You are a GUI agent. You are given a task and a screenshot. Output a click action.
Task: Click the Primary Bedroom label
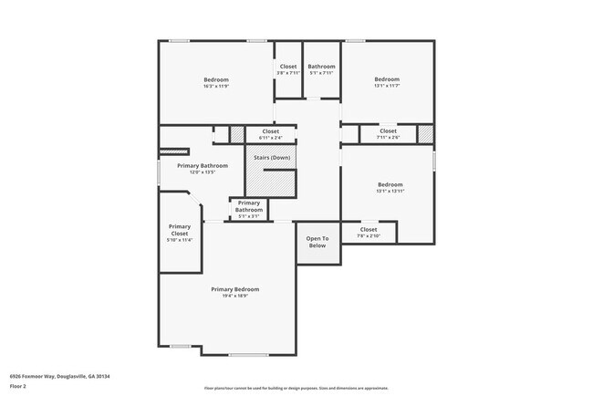tap(229, 289)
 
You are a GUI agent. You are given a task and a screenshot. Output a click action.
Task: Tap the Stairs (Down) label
tap(272, 158)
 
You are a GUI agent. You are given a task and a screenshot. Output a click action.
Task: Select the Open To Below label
tap(317, 242)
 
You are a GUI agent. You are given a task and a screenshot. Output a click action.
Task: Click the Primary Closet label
tap(180, 229)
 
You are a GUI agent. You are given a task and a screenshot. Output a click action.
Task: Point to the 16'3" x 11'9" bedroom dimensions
tap(215, 88)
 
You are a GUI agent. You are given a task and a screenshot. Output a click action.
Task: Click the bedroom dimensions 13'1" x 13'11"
tap(390, 192)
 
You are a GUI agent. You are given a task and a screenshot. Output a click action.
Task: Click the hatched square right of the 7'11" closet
tap(424, 134)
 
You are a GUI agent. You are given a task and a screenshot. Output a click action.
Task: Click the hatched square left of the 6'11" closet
tap(237, 134)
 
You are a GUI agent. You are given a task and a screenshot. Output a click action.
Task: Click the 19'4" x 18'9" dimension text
tap(229, 296)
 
